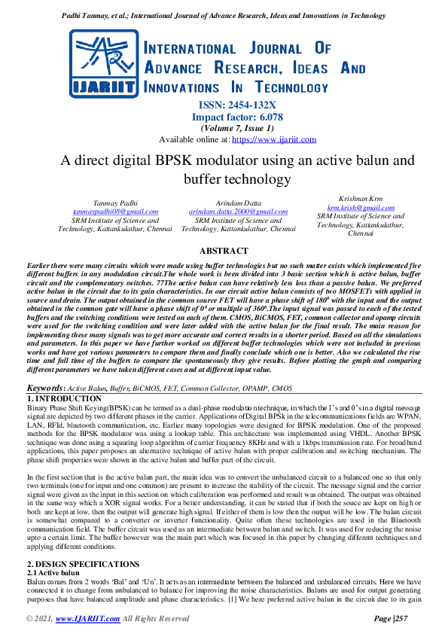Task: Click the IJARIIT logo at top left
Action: coord(105,66)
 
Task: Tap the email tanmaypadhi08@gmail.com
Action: coord(115,212)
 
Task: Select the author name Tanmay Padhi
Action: coord(115,203)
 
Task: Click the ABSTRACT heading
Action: coord(224,251)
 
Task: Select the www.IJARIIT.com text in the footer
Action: coord(90,619)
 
